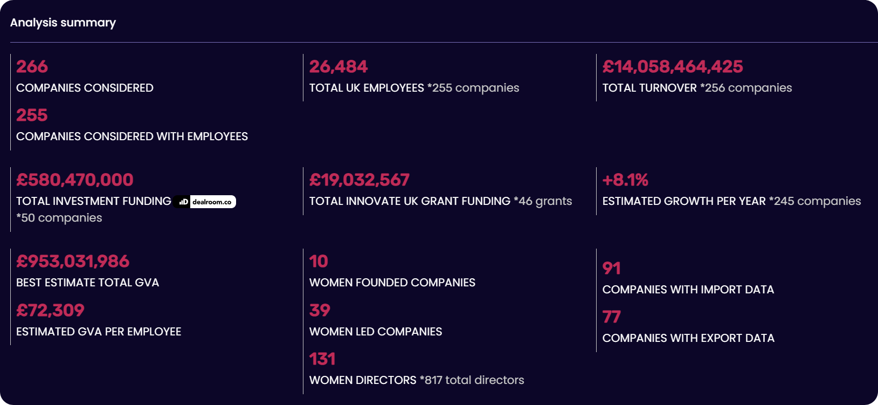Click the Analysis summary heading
coord(63,23)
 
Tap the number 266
coord(32,66)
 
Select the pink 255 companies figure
coord(32,115)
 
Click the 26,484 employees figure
coord(338,66)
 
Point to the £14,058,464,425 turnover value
coord(672,66)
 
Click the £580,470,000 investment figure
coord(74,180)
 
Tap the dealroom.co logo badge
coord(205,202)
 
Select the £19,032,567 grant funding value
coord(359,180)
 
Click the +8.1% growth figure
coord(625,180)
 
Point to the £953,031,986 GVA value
coord(73,261)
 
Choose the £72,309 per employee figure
coord(50,310)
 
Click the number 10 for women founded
coord(319,261)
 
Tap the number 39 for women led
coord(320,310)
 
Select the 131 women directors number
coord(322,359)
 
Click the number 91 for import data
coord(611,268)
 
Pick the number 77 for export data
coord(611,317)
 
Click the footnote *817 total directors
coord(472,380)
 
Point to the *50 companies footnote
coord(59,218)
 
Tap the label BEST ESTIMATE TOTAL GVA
coord(87,283)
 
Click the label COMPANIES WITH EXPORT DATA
coord(688,338)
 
